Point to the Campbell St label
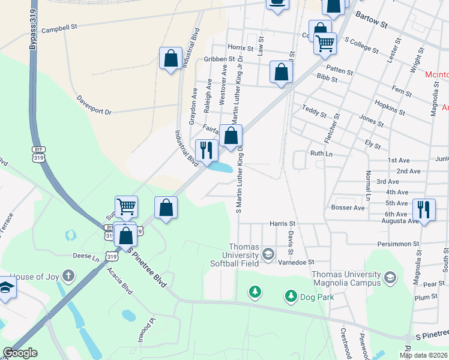[x=60, y=28]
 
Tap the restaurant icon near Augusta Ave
[x=424, y=210]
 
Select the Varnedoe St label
[x=296, y=262]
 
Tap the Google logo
[x=20, y=353]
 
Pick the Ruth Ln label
[x=321, y=154]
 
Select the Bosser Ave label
[x=348, y=208]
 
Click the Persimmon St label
[x=397, y=244]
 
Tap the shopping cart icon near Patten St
[x=325, y=43]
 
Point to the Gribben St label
[x=219, y=59]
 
